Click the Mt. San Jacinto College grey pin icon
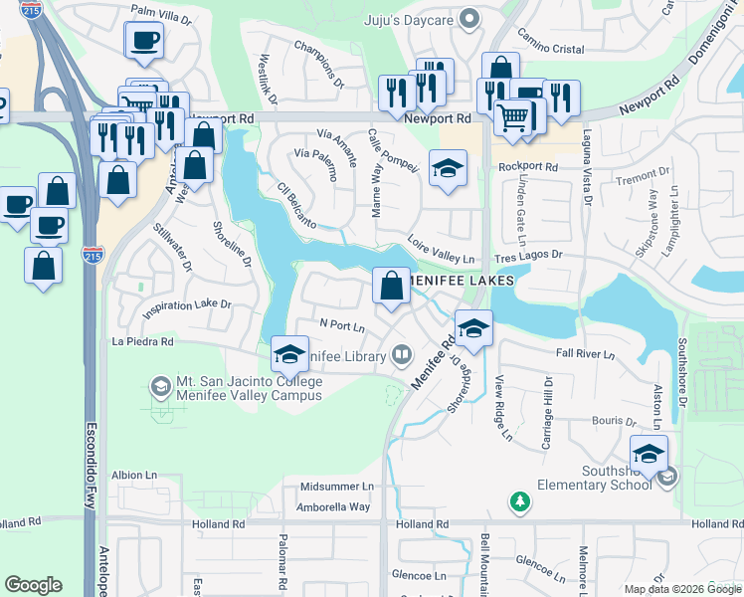pyautogui.click(x=160, y=384)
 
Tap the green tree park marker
pyautogui.click(x=517, y=502)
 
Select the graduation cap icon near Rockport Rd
pyautogui.click(x=448, y=167)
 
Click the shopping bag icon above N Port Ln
pyautogui.click(x=392, y=286)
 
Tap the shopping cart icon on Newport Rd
pyautogui.click(x=512, y=117)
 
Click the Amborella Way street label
pyautogui.click(x=332, y=506)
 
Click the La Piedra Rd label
pyautogui.click(x=143, y=342)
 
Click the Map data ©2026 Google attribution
pyautogui.click(x=682, y=589)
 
